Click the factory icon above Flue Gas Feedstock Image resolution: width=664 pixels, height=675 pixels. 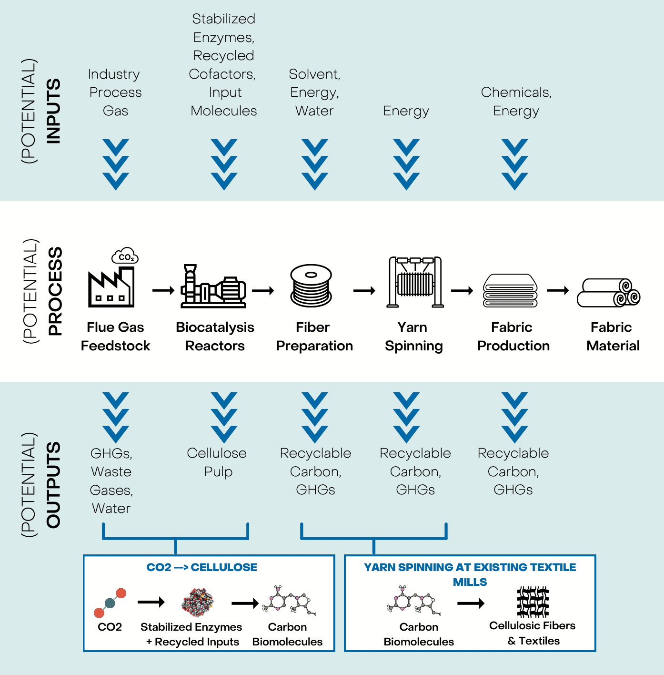(x=111, y=287)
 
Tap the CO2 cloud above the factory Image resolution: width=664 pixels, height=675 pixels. (x=125, y=256)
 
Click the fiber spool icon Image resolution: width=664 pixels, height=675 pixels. (x=311, y=286)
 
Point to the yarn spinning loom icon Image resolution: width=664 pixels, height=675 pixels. (x=415, y=282)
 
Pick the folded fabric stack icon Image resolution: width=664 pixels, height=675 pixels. (x=510, y=291)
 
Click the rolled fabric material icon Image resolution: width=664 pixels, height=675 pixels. (x=608, y=293)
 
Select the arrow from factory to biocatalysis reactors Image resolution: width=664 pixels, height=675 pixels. (x=163, y=290)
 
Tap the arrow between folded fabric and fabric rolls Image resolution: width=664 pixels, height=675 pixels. (x=558, y=290)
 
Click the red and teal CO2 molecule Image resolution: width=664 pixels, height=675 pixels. (x=110, y=603)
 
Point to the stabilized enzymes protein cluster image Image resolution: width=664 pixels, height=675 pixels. (x=197, y=602)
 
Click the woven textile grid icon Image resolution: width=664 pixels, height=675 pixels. (x=533, y=602)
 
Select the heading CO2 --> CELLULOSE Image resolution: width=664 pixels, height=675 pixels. (x=201, y=567)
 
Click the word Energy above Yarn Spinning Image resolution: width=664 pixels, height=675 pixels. (x=406, y=111)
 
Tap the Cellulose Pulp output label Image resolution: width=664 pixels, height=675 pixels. (x=217, y=462)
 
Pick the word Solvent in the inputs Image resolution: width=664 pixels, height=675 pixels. (x=315, y=74)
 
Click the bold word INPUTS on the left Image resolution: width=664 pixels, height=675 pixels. (x=53, y=111)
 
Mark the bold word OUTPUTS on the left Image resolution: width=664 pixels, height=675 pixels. (x=53, y=485)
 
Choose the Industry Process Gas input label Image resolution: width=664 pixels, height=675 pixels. (x=114, y=92)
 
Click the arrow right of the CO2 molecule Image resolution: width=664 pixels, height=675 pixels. (x=151, y=602)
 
